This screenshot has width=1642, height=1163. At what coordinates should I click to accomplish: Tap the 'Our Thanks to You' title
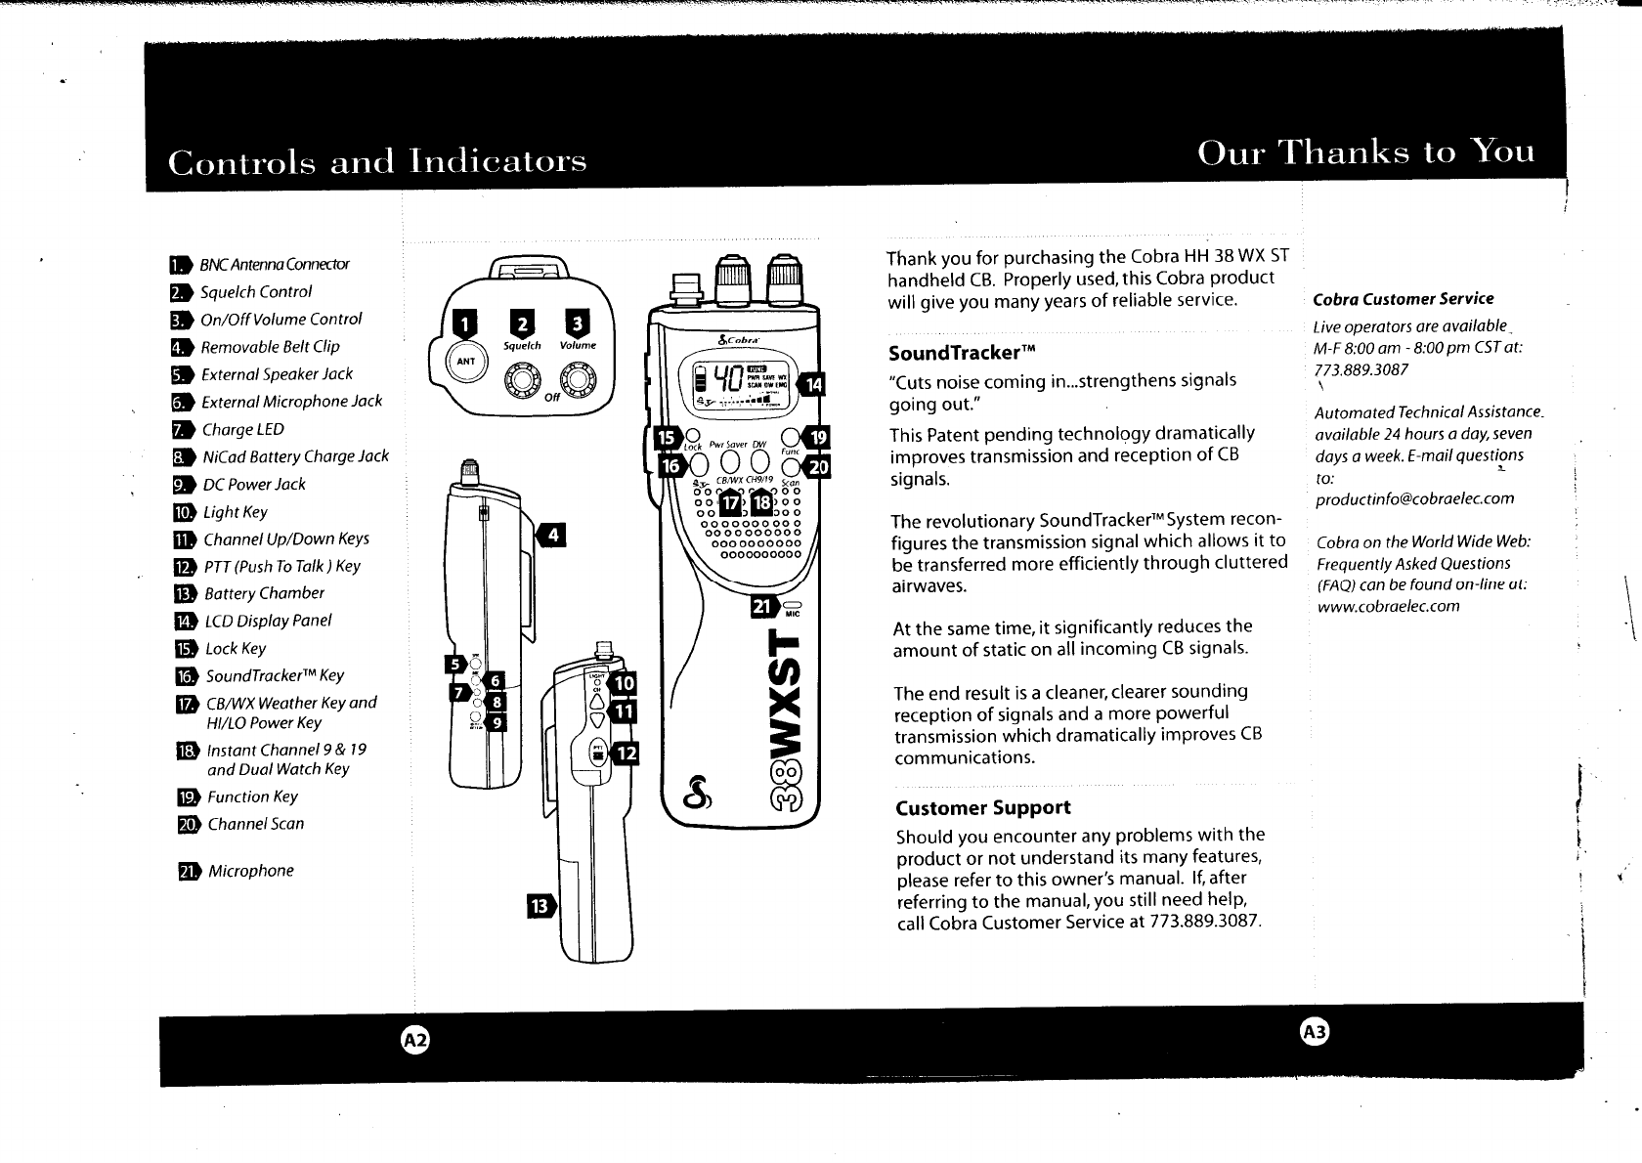1365,153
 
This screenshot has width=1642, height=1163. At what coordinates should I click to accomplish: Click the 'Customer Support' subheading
982,807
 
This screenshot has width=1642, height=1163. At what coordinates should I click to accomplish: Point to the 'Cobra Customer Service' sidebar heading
1403,299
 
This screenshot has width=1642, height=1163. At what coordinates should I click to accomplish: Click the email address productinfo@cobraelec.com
1414,498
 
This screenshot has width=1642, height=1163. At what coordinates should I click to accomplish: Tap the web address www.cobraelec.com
1388,606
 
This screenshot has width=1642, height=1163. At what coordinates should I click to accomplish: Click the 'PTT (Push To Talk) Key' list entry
281,566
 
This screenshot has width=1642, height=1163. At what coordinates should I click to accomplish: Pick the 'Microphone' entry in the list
250,871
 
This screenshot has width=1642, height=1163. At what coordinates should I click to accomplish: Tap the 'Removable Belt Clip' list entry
270,347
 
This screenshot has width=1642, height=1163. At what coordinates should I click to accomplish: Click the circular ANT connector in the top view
466,360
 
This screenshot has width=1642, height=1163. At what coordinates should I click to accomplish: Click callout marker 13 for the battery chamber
540,907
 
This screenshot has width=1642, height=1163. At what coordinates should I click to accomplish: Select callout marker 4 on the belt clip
553,535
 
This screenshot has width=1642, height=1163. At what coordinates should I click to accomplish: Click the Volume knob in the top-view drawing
579,378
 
